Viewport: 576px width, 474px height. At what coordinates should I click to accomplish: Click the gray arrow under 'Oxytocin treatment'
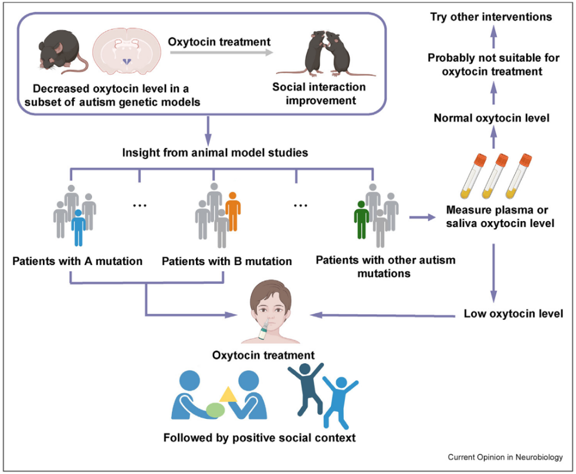click(221, 53)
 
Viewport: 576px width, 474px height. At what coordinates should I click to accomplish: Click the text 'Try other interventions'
click(490, 16)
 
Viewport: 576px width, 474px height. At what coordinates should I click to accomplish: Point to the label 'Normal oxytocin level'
click(492, 118)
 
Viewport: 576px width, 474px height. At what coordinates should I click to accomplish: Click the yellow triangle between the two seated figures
click(228, 395)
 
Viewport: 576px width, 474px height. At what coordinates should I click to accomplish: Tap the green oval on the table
click(216, 409)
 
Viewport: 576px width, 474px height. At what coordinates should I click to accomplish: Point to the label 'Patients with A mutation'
click(77, 260)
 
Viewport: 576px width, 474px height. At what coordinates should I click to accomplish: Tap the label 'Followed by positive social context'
click(259, 438)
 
